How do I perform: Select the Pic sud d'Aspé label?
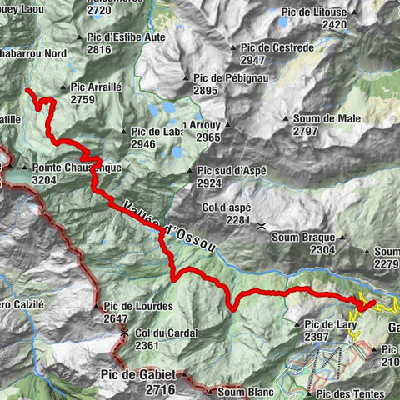pos(231,170)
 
